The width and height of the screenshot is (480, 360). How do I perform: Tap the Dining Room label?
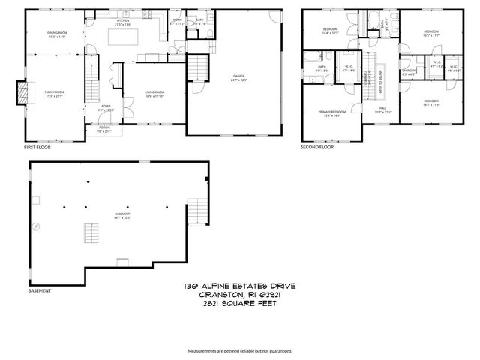click(x=57, y=34)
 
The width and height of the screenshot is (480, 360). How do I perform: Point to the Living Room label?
click(x=154, y=93)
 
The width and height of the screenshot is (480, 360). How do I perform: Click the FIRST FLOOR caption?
click(x=39, y=148)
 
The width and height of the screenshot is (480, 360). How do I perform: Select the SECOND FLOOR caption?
click(x=318, y=148)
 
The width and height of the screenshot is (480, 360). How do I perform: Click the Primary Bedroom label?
click(x=331, y=112)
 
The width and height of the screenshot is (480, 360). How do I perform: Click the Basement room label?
click(x=121, y=216)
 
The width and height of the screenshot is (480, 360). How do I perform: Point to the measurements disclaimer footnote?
click(x=240, y=350)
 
